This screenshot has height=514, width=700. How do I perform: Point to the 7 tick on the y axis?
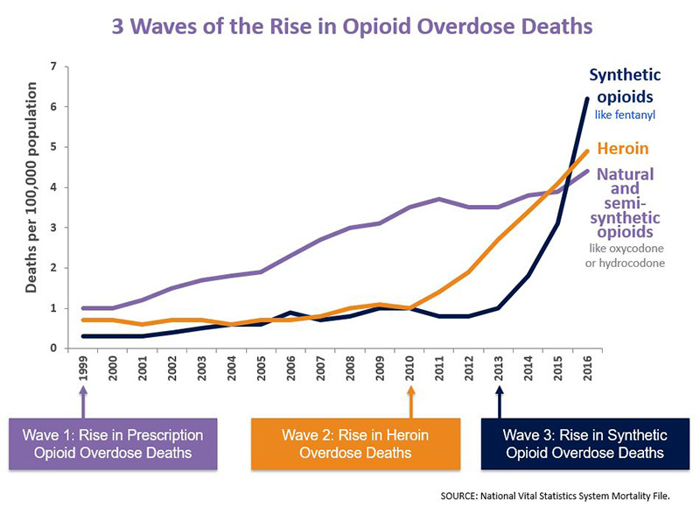coord(53,67)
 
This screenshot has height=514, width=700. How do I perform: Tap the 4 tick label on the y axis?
coord(53,187)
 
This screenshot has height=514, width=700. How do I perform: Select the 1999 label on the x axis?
coord(83,373)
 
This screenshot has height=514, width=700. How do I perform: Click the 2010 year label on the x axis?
coord(410,373)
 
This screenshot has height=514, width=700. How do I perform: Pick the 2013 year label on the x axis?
coord(500,373)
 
